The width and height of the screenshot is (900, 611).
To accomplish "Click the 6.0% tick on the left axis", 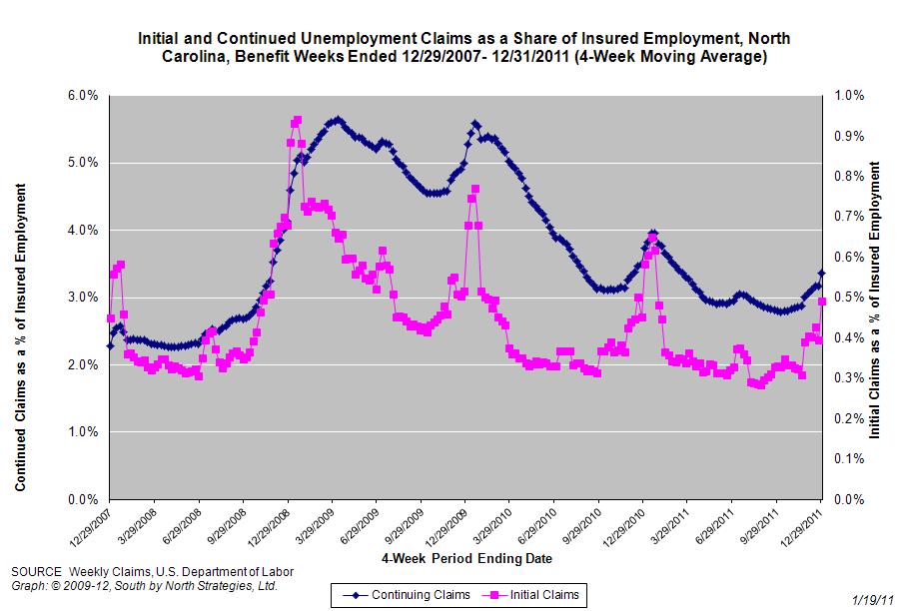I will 83,96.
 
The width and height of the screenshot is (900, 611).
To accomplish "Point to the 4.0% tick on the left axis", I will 83,231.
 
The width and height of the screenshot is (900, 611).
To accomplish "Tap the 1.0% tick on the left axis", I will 83,432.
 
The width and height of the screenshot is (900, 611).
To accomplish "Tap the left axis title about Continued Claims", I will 20,336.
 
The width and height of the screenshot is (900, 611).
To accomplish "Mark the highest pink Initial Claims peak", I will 297,121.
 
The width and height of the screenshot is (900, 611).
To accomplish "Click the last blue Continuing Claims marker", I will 821,273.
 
